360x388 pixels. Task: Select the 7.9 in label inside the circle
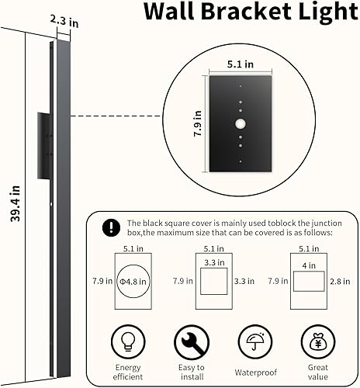[x=198, y=123]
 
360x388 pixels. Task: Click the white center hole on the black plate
[x=241, y=124]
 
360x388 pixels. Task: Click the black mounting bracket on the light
[x=43, y=134]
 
